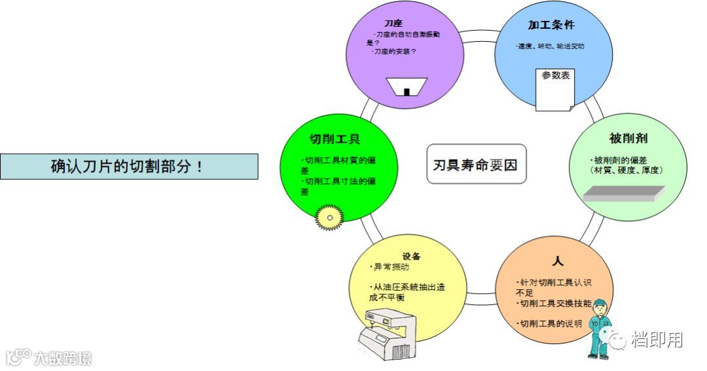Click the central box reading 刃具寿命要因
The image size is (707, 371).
[x=476, y=164]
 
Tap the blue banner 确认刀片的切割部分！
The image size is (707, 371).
[x=129, y=167]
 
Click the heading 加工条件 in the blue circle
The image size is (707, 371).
[x=551, y=26]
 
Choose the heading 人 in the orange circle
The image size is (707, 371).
[x=557, y=260]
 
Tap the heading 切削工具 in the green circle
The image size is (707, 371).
[x=335, y=139]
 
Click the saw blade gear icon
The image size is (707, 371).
[x=329, y=216]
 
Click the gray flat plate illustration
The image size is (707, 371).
[x=623, y=194]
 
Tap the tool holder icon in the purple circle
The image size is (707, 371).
[x=406, y=87]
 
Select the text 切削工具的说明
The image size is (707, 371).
[x=550, y=323]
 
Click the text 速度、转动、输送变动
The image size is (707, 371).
[x=551, y=47]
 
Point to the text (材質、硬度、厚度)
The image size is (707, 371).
[x=626, y=170]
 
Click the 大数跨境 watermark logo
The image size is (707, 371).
[x=49, y=358]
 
